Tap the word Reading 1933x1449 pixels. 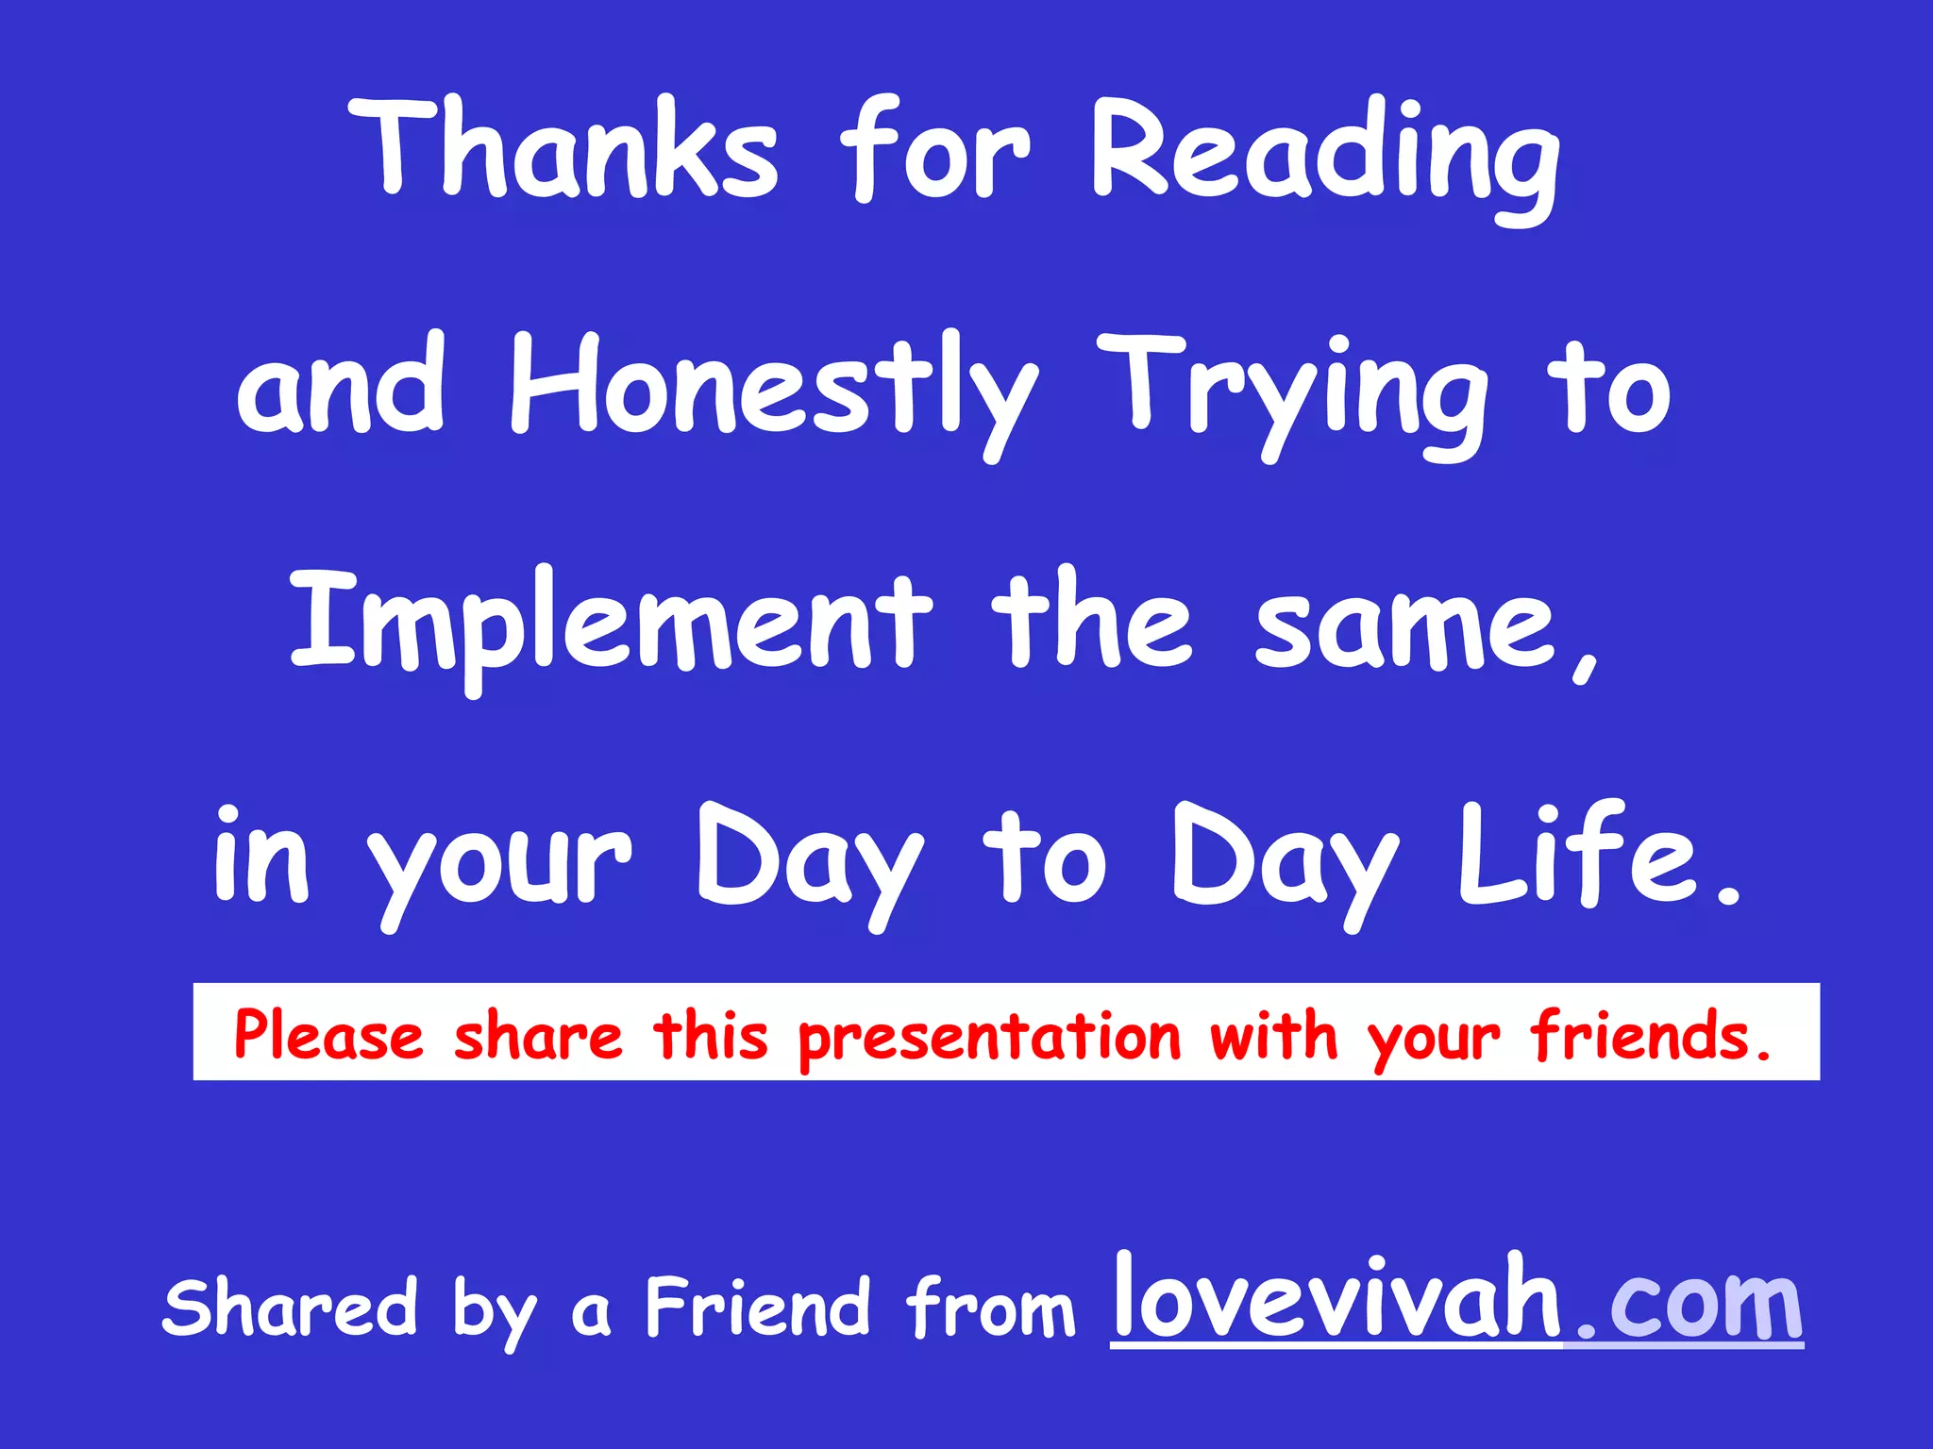(1326, 156)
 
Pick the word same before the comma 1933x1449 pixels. (1405, 627)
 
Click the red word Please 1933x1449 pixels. (328, 1036)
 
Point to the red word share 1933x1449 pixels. (538, 1036)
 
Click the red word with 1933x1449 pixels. (1274, 1036)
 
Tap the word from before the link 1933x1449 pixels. (991, 1307)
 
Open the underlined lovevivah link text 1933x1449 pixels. (1336, 1297)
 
